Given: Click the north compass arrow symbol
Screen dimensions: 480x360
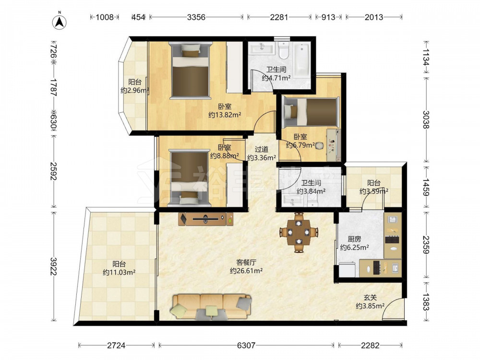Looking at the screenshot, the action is pyautogui.click(x=60, y=21).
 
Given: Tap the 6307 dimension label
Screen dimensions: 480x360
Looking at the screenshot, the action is pyautogui.click(x=246, y=346).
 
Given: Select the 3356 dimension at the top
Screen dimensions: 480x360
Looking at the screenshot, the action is pyautogui.click(x=196, y=17).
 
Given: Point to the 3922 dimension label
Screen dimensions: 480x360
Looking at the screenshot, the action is pyautogui.click(x=54, y=266).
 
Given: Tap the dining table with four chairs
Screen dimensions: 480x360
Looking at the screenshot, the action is pyautogui.click(x=299, y=232).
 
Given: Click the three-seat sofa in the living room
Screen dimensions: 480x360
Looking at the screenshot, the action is pyautogui.click(x=211, y=307).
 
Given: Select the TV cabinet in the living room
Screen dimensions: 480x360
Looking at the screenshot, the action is pyautogui.click(x=206, y=219).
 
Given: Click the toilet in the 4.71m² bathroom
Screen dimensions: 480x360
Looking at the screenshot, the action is pyautogui.click(x=284, y=50).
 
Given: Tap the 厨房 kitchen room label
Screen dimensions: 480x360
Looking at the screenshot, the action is pyautogui.click(x=354, y=239).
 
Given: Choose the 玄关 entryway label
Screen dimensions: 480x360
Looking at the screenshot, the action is pyautogui.click(x=370, y=297).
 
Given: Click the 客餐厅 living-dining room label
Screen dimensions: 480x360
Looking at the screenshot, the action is pyautogui.click(x=246, y=263).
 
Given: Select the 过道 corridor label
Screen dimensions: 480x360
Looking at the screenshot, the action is pyautogui.click(x=262, y=149).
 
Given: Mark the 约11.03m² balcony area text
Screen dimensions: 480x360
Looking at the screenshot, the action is pyautogui.click(x=119, y=272).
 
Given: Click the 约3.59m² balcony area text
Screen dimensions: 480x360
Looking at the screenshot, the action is pyautogui.click(x=374, y=192).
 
